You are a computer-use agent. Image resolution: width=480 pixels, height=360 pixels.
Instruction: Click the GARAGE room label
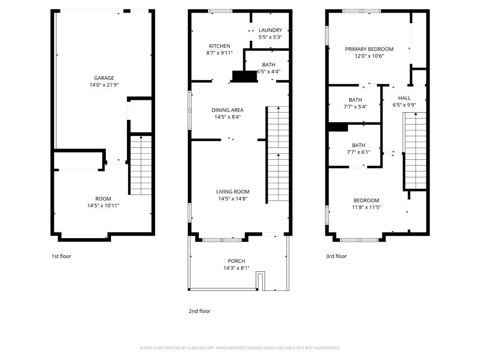(104, 78)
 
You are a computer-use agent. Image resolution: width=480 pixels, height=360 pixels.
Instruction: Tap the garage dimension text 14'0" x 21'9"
(104, 85)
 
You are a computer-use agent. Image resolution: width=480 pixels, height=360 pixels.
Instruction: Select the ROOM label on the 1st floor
(103, 199)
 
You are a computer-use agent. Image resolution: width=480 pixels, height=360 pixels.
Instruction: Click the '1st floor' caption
(61, 256)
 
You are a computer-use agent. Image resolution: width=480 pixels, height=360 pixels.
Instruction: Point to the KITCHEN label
(219, 46)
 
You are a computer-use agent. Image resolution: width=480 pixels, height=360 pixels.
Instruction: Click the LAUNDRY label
(270, 30)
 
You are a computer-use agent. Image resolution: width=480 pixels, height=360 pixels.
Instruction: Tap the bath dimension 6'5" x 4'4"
(269, 72)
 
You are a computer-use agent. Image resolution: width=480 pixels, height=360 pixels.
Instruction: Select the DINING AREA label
(227, 110)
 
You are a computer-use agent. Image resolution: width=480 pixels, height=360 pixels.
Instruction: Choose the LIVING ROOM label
(232, 192)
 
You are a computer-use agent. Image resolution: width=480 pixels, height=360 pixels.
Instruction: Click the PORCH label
(236, 261)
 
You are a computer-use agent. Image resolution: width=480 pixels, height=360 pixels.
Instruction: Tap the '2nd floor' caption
(199, 311)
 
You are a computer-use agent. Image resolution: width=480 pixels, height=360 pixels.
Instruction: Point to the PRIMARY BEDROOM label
(369, 49)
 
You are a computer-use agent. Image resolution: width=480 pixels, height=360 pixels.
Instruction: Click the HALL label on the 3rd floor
(404, 98)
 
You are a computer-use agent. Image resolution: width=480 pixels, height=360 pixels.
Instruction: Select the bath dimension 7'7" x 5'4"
(355, 106)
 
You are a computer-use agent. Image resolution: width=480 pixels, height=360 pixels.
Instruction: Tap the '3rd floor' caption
(336, 256)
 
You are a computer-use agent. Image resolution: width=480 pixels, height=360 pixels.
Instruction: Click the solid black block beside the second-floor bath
(244, 77)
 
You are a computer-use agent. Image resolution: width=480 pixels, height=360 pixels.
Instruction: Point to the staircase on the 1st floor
(141, 165)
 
